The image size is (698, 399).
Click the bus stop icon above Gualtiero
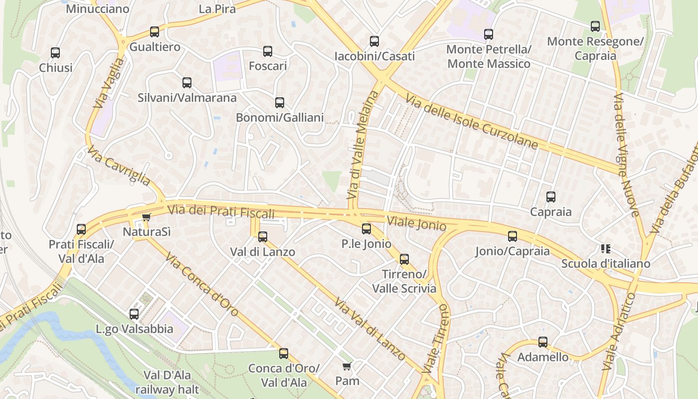pyautogui.click(x=155, y=32)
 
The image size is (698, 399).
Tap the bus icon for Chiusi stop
pyautogui.click(x=55, y=52)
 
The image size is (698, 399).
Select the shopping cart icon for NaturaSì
pyautogui.click(x=146, y=217)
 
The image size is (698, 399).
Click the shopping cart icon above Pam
pyautogui.click(x=347, y=366)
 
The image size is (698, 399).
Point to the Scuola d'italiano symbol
pyautogui.click(x=606, y=248)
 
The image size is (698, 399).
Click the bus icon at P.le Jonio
pyautogui.click(x=366, y=229)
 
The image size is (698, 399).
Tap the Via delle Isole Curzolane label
pyautogui.click(x=472, y=123)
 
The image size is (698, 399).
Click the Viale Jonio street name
pyautogui.click(x=416, y=223)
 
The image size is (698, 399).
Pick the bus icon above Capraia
pyautogui.click(x=551, y=197)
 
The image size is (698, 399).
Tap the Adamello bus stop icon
pyautogui.click(x=543, y=342)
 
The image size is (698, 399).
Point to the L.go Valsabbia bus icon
pyautogui.click(x=134, y=314)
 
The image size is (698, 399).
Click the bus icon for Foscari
pyautogui.click(x=268, y=51)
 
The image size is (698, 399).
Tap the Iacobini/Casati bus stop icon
pyautogui.click(x=374, y=41)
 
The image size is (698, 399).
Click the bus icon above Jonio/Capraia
pyautogui.click(x=513, y=236)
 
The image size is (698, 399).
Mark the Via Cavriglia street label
pyautogui.click(x=119, y=165)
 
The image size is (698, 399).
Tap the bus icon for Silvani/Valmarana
pyautogui.click(x=187, y=83)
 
